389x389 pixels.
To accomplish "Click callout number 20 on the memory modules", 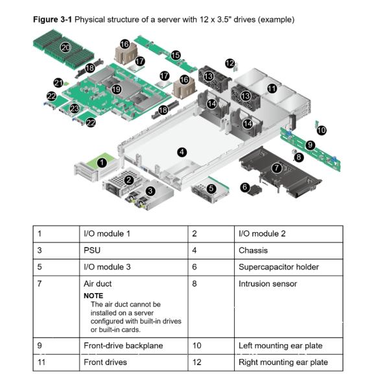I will click(x=65, y=47).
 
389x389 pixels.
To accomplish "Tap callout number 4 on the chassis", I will click(x=182, y=152).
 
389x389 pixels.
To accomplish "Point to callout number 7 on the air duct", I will click(x=277, y=167).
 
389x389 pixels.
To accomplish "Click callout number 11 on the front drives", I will click(x=272, y=88).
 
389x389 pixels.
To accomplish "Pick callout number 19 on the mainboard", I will click(x=116, y=89).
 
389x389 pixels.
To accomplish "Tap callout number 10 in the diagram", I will click(x=321, y=130).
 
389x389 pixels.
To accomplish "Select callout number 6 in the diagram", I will click(x=245, y=187).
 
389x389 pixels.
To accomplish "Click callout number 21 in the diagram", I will click(x=58, y=83).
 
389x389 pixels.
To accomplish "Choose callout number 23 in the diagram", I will click(x=75, y=108).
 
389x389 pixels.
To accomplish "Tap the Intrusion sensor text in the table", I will click(x=267, y=284).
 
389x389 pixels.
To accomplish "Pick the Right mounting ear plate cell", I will click(x=283, y=362).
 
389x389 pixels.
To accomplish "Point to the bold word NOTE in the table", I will click(x=93, y=296).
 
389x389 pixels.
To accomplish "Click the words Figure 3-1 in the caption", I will click(x=53, y=19).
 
